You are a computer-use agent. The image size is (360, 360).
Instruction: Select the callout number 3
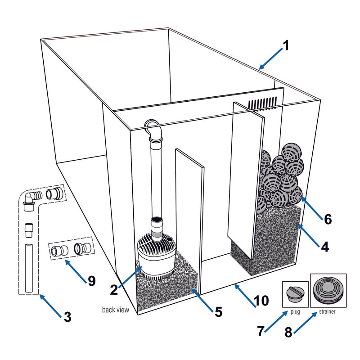[67, 317]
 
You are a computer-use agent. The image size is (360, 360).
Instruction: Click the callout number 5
[218, 311]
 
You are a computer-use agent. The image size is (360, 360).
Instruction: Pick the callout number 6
[328, 219]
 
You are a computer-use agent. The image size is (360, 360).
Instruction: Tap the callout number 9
[91, 280]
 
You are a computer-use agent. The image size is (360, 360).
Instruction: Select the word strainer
[327, 311]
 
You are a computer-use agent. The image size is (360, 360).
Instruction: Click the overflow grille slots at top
[263, 103]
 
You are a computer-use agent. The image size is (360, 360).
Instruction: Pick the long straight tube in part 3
[30, 268]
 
